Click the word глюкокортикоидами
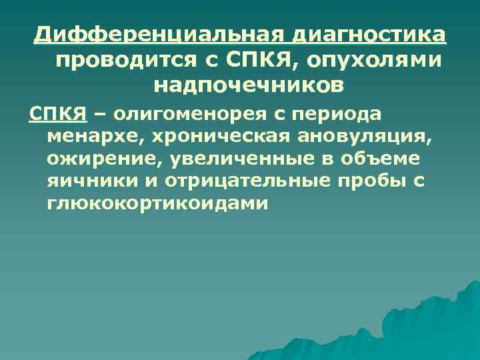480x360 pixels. pos(157,203)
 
